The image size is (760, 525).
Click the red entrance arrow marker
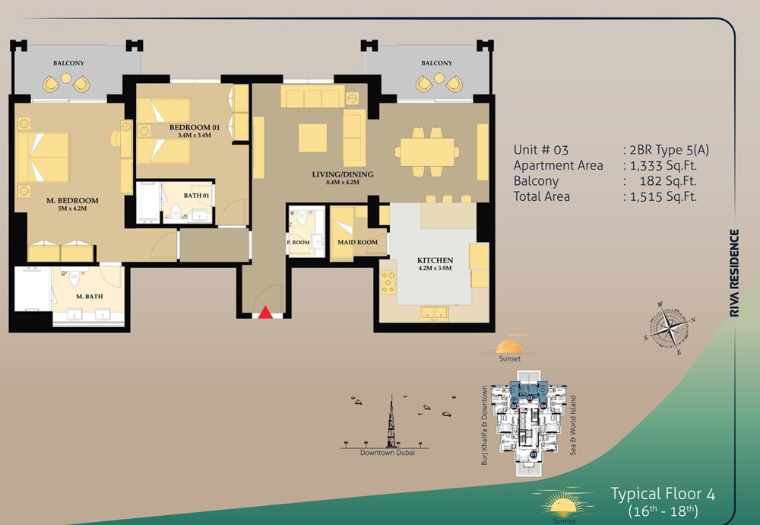[264, 312]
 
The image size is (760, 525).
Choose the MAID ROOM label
[357, 243]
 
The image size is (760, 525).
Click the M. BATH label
[89, 297]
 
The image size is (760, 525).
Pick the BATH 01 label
[197, 196]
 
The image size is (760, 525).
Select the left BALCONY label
[68, 63]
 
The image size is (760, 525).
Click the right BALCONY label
[436, 63]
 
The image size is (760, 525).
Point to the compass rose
[667, 329]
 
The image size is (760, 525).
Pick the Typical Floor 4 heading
[663, 493]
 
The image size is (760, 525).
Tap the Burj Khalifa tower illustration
[392, 422]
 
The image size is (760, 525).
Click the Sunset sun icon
[511, 342]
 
